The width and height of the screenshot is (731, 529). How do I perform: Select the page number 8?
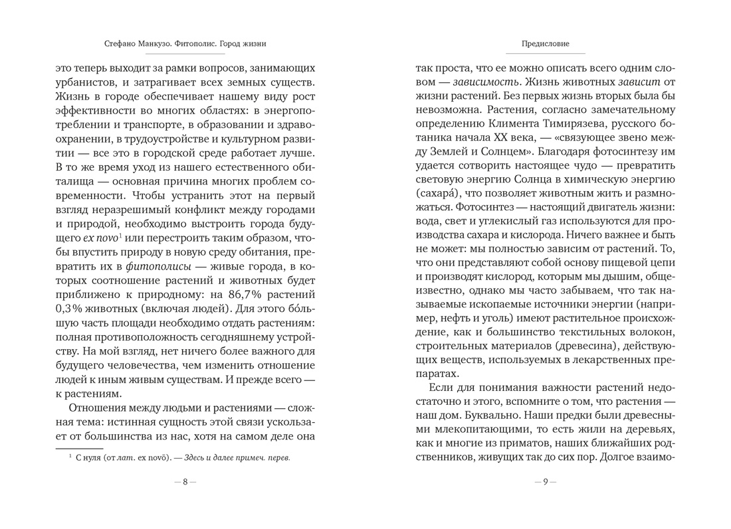pos(185,483)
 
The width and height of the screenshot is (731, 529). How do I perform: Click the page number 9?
pos(545,483)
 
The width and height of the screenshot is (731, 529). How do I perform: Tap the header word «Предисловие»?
pos(546,44)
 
